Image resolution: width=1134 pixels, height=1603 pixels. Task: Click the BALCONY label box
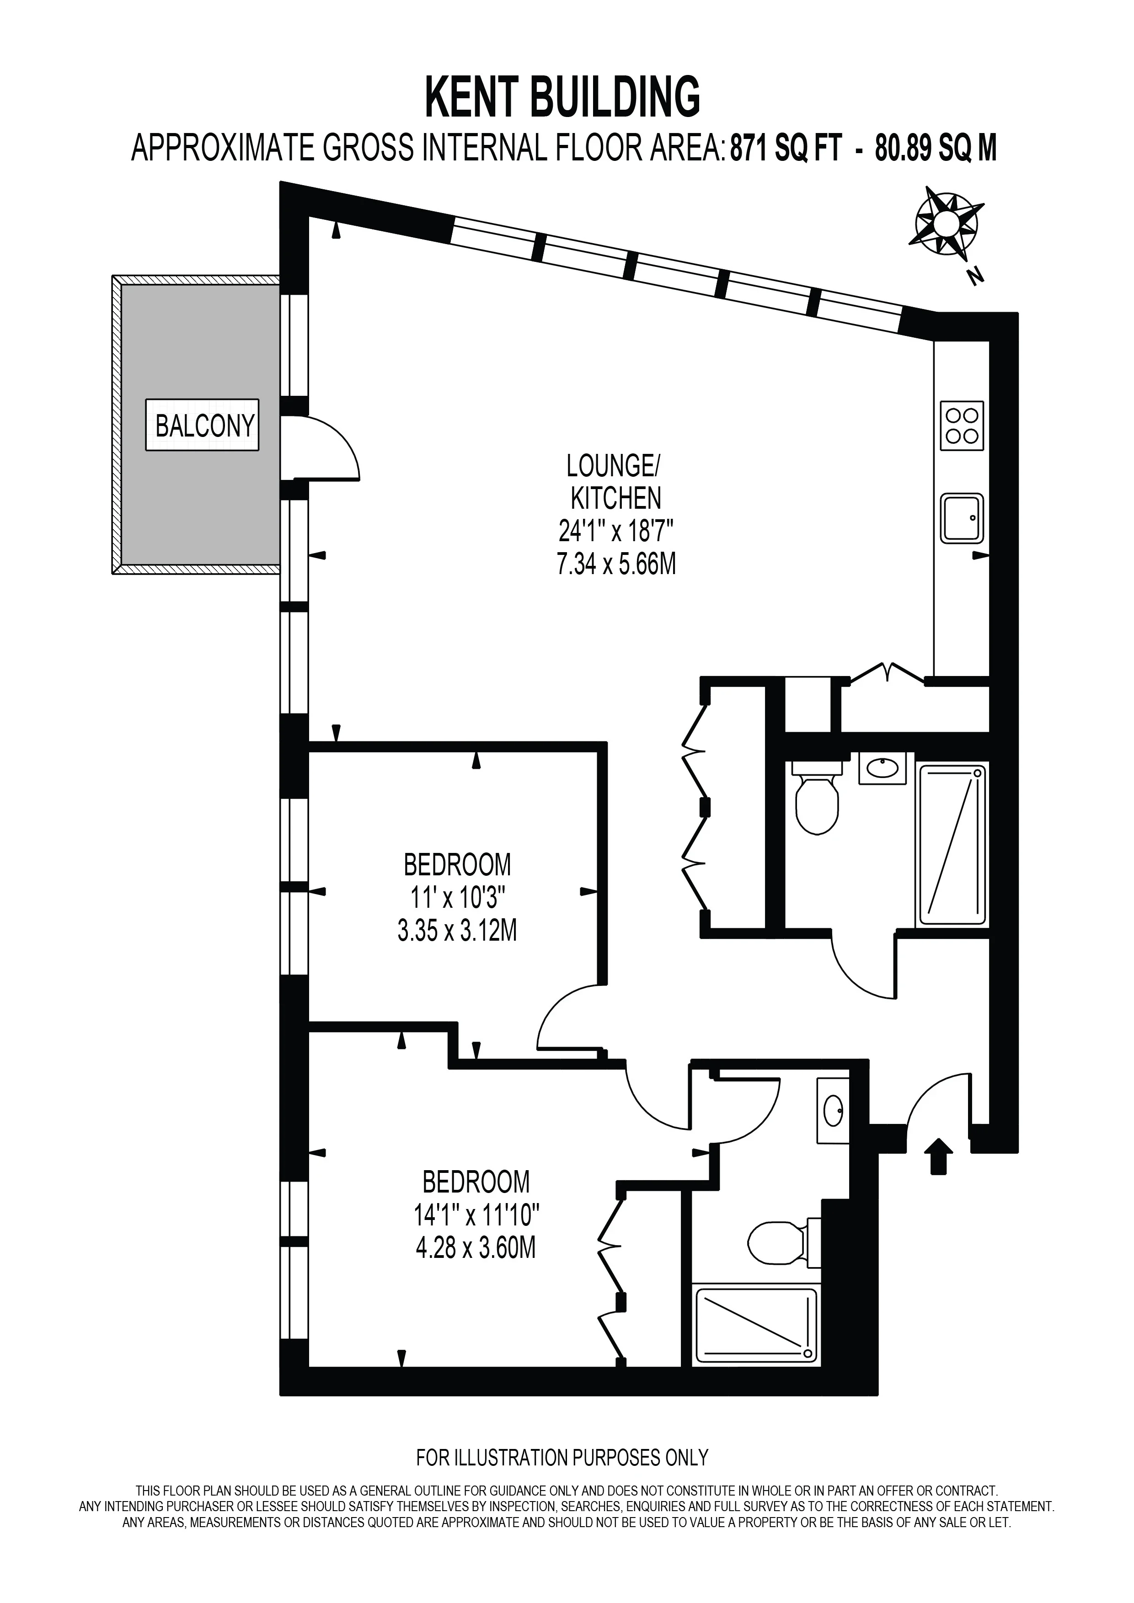pyautogui.click(x=202, y=425)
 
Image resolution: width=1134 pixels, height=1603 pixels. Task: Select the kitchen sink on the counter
pyautogui.click(x=962, y=518)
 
